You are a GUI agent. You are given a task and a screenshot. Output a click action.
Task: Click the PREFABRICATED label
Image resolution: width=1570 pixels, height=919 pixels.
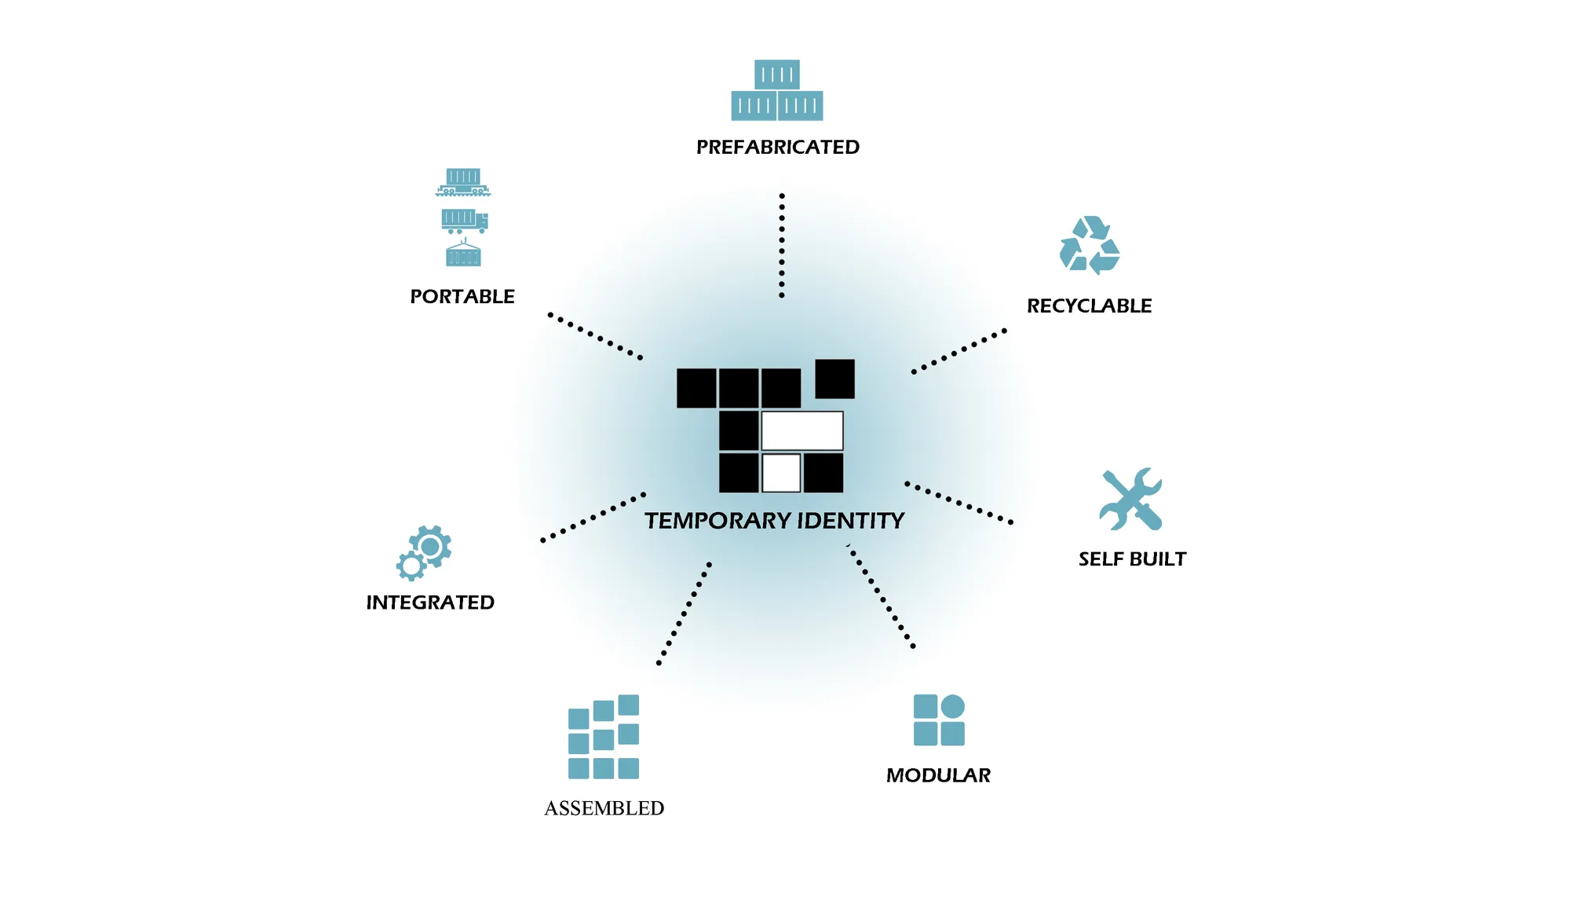pos(778,147)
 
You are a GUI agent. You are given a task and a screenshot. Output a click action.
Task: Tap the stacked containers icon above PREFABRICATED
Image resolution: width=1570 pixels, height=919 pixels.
pos(777,90)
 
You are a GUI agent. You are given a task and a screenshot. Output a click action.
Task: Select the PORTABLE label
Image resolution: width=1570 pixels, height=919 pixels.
pos(462,296)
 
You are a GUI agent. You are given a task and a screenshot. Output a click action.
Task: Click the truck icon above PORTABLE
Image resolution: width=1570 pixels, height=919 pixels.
pos(465,222)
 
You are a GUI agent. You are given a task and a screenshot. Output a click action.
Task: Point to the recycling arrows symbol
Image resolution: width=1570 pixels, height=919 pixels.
pos(1090,245)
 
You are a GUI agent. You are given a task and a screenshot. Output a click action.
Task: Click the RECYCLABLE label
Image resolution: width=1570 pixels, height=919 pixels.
pos(1090,306)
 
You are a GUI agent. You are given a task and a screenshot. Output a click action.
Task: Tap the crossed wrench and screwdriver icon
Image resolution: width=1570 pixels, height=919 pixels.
pos(1130,500)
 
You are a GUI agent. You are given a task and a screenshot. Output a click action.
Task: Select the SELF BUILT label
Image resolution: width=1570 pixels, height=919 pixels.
pos(1132,558)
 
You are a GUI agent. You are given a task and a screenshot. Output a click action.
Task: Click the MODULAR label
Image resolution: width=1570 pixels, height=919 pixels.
pos(938,775)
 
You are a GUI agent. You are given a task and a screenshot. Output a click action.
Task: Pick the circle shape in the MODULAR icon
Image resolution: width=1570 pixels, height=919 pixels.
pos(952,706)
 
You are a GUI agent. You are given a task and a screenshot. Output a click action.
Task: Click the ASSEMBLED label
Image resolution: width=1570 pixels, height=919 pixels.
pos(604,808)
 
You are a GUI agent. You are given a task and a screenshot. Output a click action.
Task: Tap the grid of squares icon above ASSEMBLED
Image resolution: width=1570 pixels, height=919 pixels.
pos(604,737)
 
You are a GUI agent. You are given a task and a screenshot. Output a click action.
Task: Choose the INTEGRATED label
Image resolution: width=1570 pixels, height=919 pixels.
pos(430,602)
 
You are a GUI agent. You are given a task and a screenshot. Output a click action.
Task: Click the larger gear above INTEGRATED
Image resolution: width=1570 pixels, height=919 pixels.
pos(430,547)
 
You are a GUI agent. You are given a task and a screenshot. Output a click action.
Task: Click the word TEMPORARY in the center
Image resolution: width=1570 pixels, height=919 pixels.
pos(717,521)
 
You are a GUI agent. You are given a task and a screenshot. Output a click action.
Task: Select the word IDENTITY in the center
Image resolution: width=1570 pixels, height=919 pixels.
pos(851,521)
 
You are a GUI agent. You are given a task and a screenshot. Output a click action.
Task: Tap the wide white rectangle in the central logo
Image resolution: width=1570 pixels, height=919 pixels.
pos(802,430)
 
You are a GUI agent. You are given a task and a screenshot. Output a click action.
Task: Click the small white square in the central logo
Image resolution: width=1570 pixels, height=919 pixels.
pos(781,473)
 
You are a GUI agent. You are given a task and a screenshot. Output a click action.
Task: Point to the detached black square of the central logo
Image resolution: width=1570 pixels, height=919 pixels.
pos(835,379)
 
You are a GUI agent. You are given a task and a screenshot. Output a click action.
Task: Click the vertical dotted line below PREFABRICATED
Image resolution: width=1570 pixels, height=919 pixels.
pos(782,245)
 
